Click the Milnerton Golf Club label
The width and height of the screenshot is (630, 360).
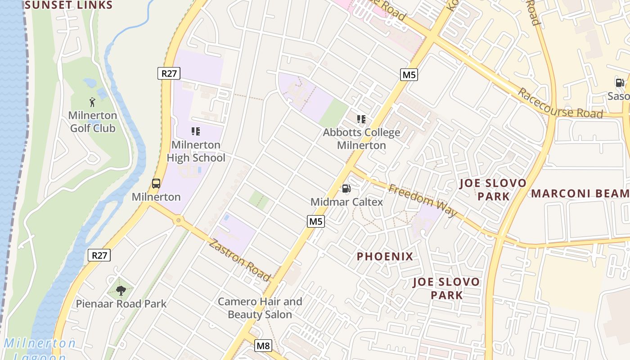coord(93,121)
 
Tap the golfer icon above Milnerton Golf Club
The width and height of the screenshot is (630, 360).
coord(92,102)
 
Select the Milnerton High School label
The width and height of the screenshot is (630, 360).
coord(196,151)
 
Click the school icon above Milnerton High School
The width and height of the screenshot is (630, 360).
coord(196,131)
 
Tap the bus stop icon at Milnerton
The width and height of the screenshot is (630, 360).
coord(156,184)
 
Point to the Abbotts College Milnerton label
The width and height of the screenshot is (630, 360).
coord(361,139)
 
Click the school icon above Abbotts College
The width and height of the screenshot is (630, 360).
coord(361,119)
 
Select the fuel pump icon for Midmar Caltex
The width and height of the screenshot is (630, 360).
coord(346,189)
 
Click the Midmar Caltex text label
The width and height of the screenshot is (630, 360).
coord(346,202)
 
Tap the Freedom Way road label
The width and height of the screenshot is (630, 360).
coord(423,200)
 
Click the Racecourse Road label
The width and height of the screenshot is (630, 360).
coord(560,103)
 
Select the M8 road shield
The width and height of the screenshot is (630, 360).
coord(263,346)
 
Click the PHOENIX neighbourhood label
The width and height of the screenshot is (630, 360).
coord(385,256)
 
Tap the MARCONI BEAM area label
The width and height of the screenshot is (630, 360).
coord(580,193)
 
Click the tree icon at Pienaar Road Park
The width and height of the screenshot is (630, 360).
coord(121,291)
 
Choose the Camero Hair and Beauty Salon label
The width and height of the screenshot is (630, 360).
coord(260,308)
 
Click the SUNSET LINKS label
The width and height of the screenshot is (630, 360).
coord(68,5)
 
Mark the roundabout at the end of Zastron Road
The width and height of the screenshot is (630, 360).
coord(179,220)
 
